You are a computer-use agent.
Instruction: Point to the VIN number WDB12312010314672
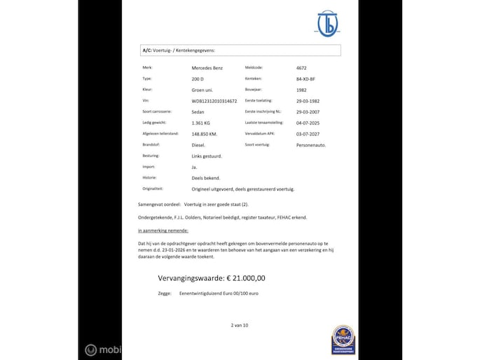click(219, 101)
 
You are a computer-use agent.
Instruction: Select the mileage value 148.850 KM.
click(210, 134)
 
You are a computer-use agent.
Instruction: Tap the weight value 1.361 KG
click(203, 123)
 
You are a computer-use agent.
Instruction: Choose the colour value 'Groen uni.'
click(203, 90)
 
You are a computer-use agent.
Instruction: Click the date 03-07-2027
click(308, 134)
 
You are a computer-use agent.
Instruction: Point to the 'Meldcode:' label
click(253, 68)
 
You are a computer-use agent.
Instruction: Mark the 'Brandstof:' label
click(151, 145)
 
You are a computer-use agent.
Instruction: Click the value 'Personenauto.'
click(312, 145)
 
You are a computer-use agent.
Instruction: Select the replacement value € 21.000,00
click(212, 278)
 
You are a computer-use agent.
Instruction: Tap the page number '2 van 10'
click(240, 326)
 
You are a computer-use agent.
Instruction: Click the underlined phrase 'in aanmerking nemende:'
click(163, 230)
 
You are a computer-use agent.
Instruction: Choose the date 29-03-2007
click(309, 112)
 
